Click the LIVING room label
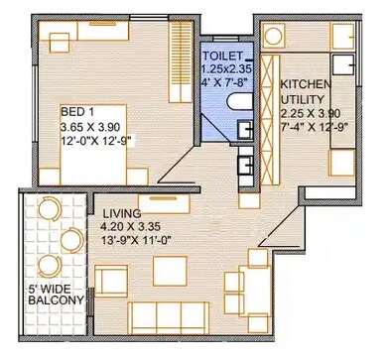120,213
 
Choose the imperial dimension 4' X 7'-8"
224,83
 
